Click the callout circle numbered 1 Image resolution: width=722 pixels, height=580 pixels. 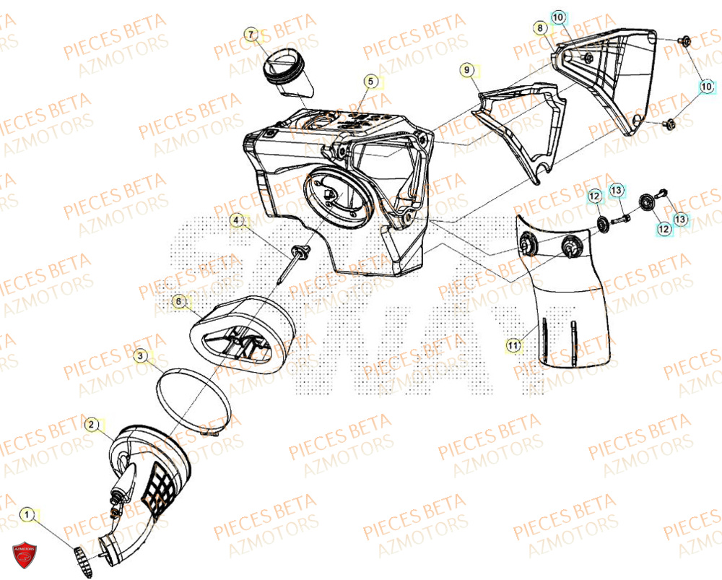coord(28,515)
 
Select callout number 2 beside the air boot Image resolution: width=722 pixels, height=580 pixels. coord(92,425)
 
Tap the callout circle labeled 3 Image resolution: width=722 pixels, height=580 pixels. coord(142,355)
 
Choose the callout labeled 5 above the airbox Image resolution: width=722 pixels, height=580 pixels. coord(370,82)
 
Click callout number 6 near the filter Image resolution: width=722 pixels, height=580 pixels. coord(178,300)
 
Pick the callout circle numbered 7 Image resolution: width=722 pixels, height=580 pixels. coord(251,35)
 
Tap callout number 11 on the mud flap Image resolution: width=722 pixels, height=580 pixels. coord(512,346)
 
